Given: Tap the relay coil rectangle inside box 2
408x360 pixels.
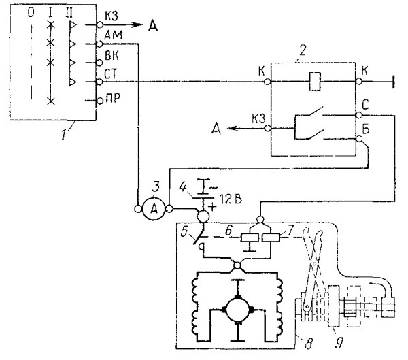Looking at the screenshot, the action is pos(315,82).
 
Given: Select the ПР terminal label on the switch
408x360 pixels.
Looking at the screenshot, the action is pos(113,98).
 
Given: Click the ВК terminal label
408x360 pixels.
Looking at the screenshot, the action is pos(112,56).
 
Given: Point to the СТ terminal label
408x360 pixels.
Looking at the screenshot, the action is pos(111,74).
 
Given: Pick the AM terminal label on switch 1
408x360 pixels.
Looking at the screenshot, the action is pos(113,35).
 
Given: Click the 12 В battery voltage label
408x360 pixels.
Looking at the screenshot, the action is pos(231,199).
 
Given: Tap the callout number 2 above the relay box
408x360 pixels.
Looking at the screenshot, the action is pos(303,50).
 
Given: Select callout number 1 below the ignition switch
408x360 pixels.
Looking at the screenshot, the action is pos(63,134).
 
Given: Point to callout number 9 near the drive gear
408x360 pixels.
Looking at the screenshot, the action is pos(339,342).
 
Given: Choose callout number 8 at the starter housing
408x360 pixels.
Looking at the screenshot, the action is pos(308,344).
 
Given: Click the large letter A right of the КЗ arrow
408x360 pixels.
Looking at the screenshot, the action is pos(153,26).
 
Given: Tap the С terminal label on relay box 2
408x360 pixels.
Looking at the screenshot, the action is pos(365,105).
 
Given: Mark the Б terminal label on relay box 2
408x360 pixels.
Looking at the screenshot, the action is pos(366,129).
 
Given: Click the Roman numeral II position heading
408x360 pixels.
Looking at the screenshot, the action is pos(69,12).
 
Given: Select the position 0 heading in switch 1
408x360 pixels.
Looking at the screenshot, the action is pos(31,12).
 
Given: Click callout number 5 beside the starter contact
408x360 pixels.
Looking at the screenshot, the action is pos(184,231).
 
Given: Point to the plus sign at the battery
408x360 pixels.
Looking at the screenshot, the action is pos(213,207).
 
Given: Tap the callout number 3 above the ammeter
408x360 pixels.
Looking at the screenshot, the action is pos(156,186).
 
